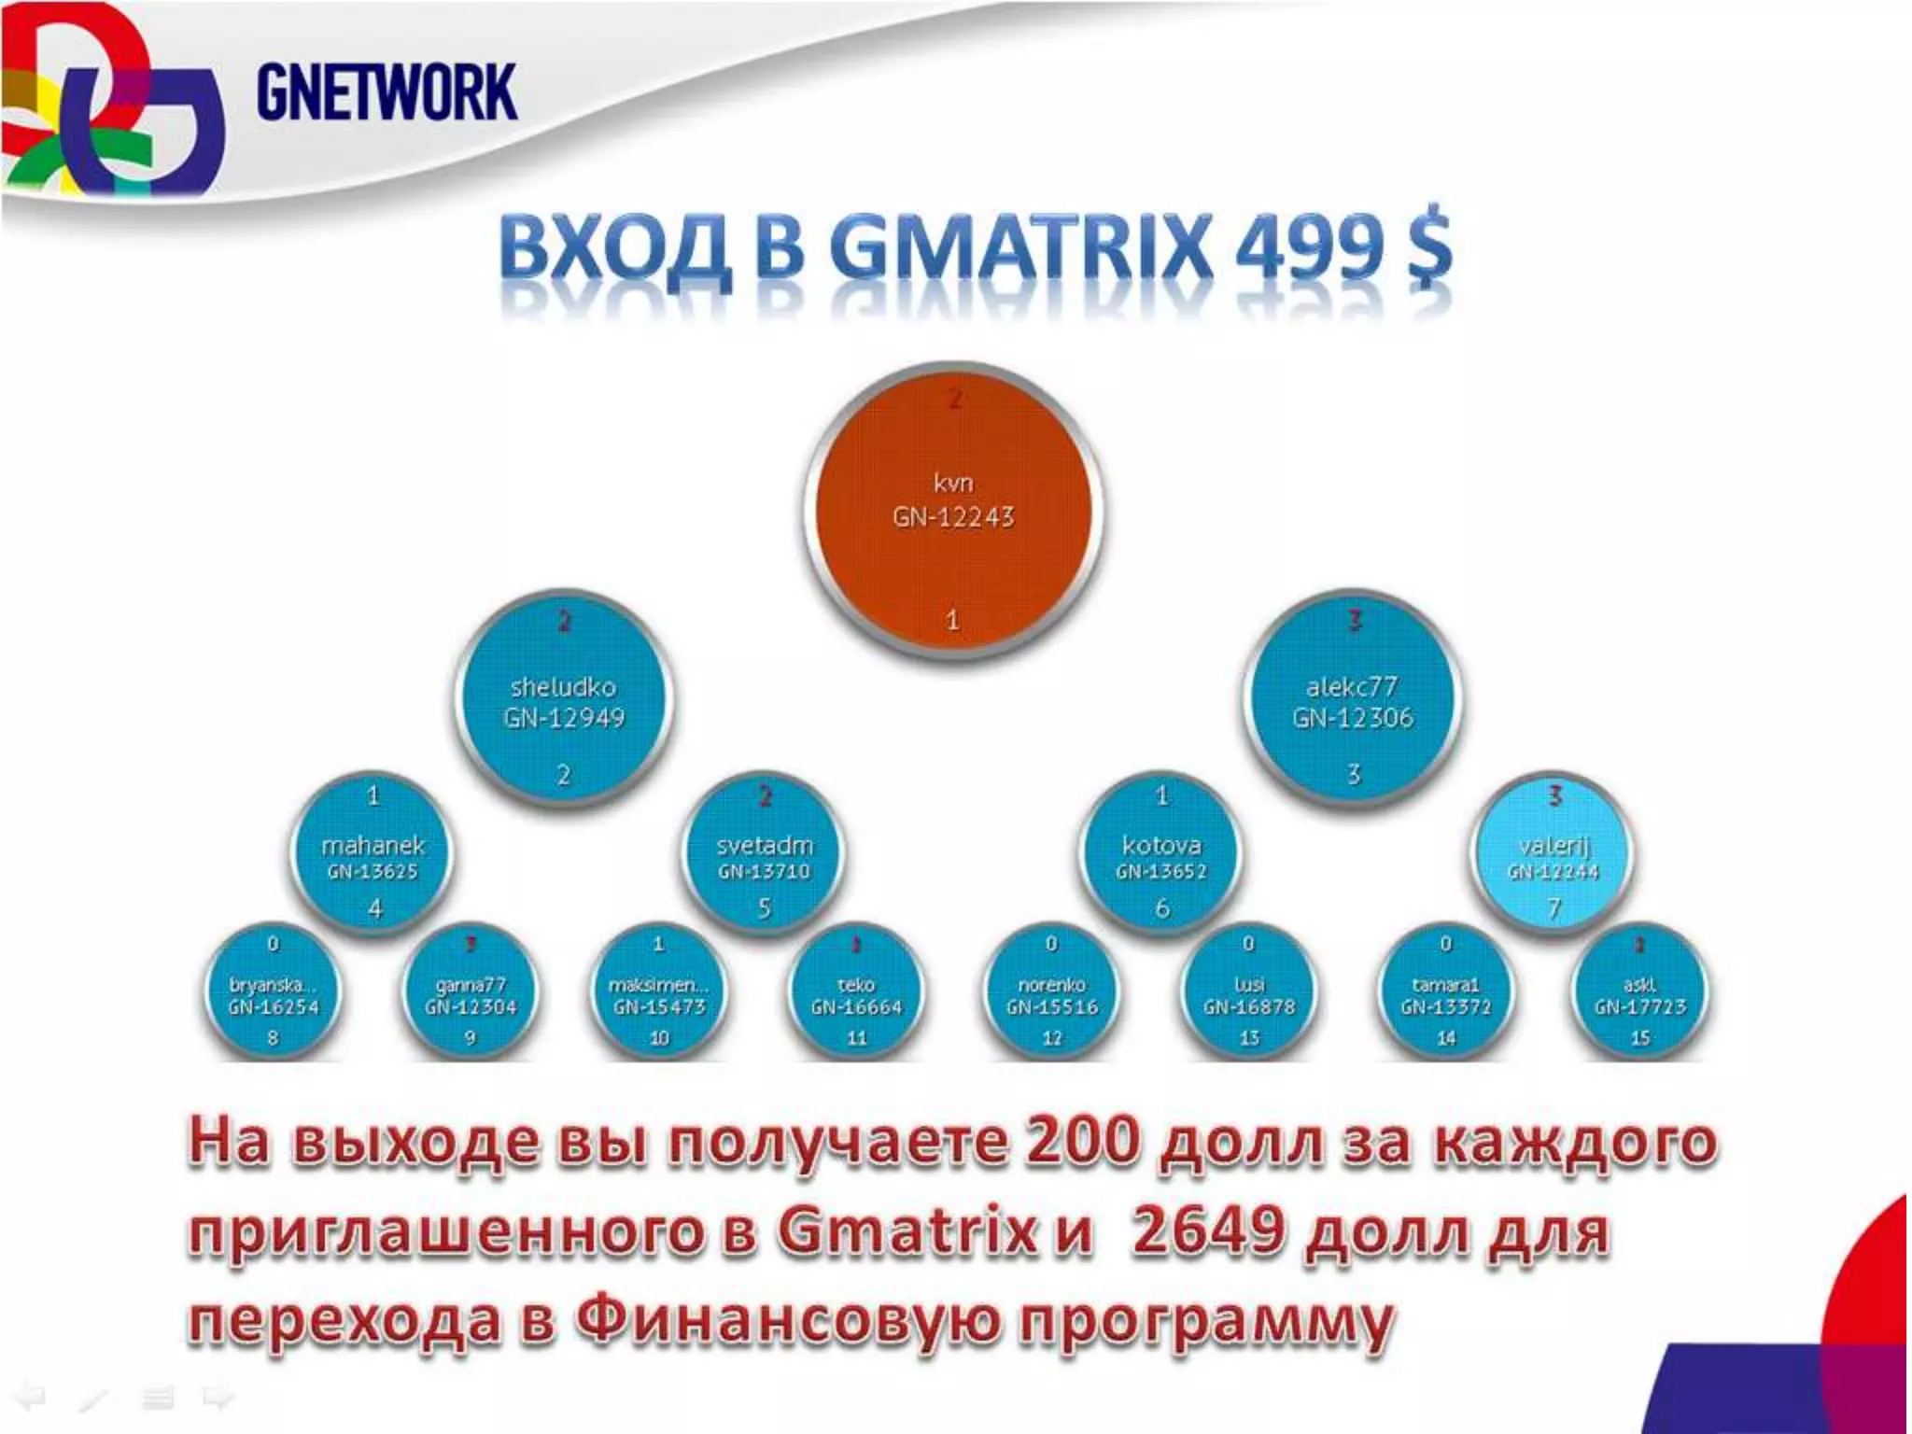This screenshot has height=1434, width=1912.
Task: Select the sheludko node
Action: click(x=563, y=700)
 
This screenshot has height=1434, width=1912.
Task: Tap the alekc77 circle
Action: click(x=1353, y=700)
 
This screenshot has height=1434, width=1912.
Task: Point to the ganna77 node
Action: click(x=471, y=995)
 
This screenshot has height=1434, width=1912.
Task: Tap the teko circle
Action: click(x=856, y=995)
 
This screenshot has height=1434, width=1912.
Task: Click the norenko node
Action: click(x=1052, y=995)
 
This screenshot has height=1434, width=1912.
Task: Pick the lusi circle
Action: click(x=1249, y=995)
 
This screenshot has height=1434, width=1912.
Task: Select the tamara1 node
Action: click(x=1445, y=995)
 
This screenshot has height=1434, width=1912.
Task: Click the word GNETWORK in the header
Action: click(x=386, y=92)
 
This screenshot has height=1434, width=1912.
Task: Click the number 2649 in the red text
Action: click(x=1208, y=1231)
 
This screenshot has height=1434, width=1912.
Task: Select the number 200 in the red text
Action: click(x=1083, y=1141)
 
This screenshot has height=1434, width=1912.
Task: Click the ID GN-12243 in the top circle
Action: click(x=952, y=518)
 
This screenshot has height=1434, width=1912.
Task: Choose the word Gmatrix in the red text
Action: click(x=907, y=1231)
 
